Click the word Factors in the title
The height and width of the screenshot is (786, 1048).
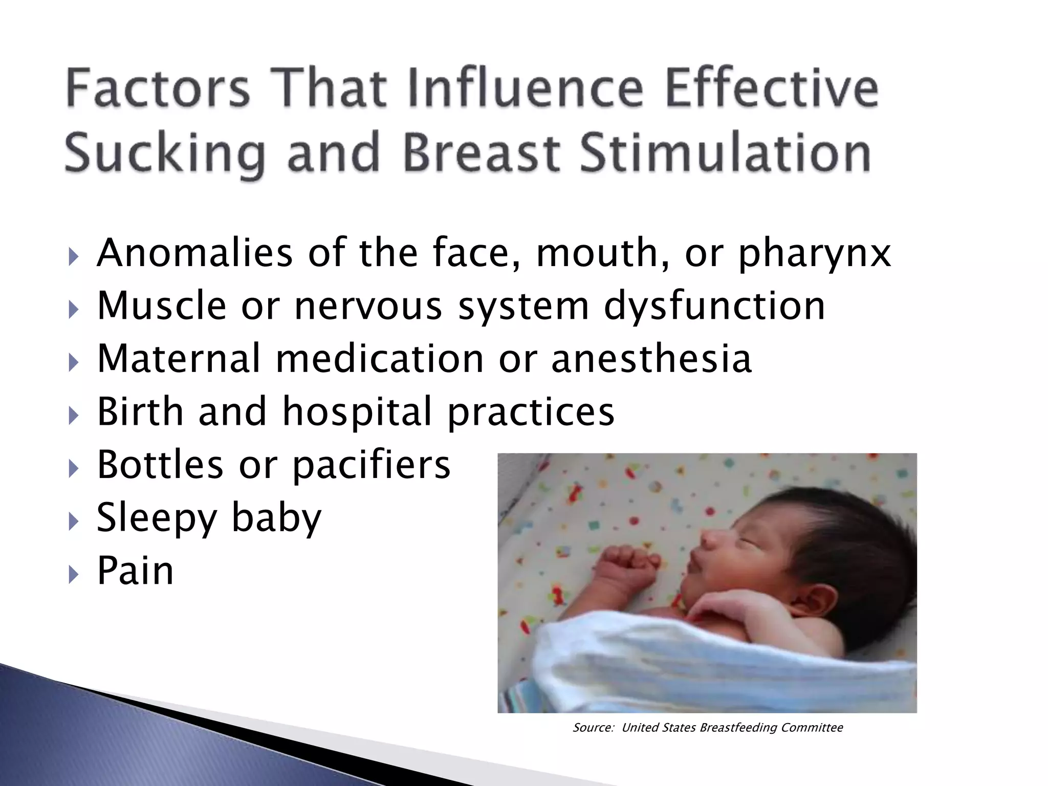[158, 90]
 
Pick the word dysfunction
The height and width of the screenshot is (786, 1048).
[714, 306]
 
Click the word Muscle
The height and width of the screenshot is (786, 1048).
[162, 306]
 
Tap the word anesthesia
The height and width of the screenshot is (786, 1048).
[651, 358]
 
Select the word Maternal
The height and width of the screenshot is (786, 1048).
[179, 358]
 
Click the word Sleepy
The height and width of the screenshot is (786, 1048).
[157, 518]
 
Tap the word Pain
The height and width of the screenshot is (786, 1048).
[135, 571]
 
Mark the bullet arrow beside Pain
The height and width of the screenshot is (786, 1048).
[74, 575]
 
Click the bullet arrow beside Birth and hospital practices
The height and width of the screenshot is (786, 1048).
[74, 416]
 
